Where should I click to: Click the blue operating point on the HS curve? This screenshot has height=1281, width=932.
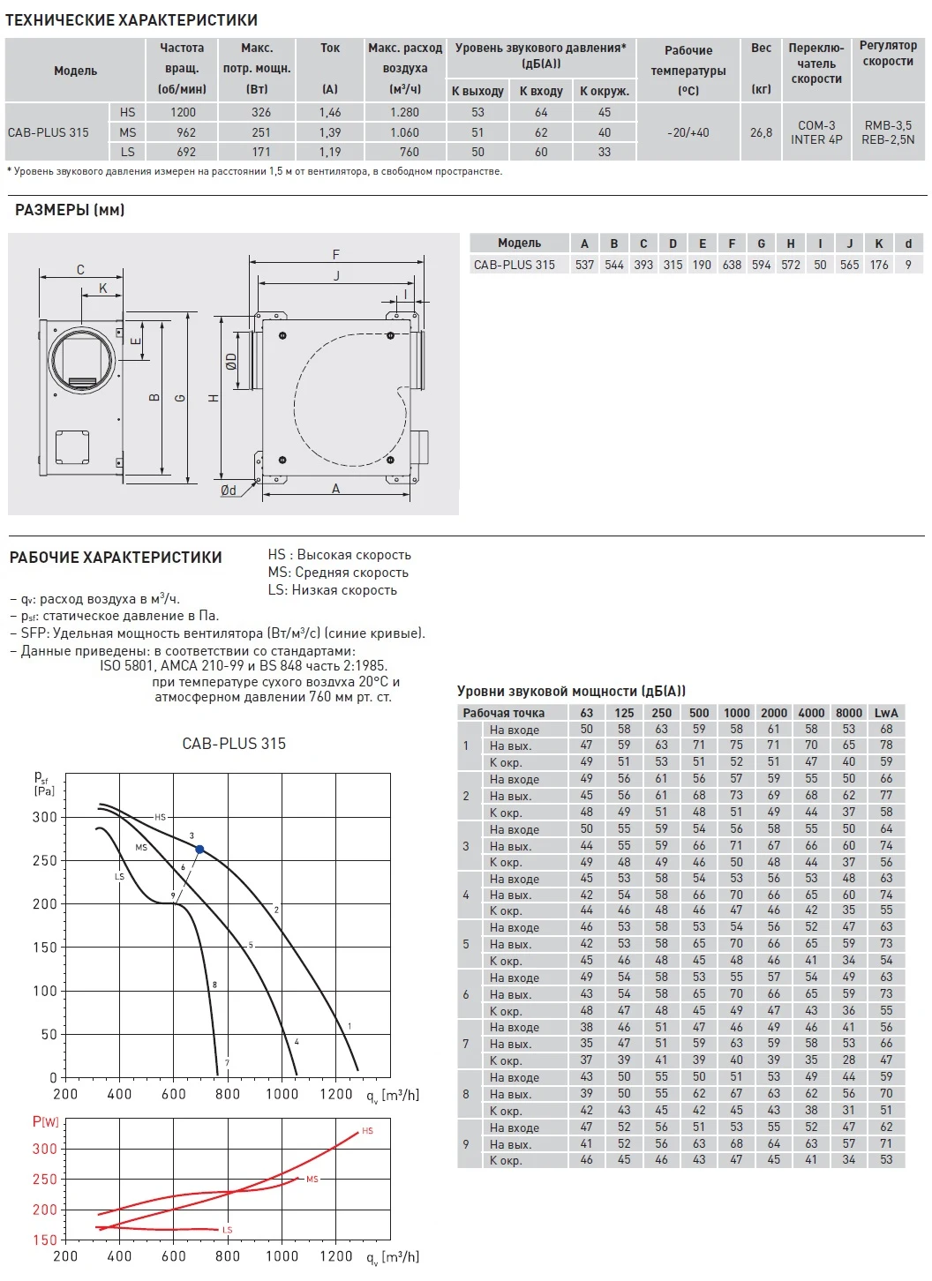[199, 850]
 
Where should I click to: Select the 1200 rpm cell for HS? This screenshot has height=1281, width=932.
[183, 112]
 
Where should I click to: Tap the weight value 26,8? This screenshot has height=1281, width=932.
[761, 132]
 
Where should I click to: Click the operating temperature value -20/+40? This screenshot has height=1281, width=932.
[688, 132]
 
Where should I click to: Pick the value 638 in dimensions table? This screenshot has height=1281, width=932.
[732, 265]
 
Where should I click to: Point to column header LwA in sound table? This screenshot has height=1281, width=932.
[886, 713]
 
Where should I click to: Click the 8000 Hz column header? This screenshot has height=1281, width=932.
[849, 713]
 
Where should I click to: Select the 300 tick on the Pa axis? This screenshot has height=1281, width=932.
[44, 817]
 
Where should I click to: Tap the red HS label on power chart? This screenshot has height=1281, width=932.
[367, 1131]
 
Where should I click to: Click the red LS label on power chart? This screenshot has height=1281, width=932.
[227, 1230]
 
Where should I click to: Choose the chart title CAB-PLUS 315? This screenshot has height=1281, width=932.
[234, 744]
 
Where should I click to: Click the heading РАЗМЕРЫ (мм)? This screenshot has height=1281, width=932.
[70, 210]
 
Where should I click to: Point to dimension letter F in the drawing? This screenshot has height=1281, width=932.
[336, 255]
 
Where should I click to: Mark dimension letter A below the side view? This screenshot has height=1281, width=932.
[336, 489]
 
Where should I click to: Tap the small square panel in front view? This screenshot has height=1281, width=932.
[71, 446]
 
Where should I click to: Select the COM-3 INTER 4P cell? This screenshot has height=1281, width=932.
[816, 132]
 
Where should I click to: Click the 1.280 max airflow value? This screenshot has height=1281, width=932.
[405, 112]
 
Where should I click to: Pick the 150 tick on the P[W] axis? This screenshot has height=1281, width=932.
[44, 1240]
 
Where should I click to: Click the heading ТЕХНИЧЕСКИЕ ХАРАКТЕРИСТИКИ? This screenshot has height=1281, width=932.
[132, 19]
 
